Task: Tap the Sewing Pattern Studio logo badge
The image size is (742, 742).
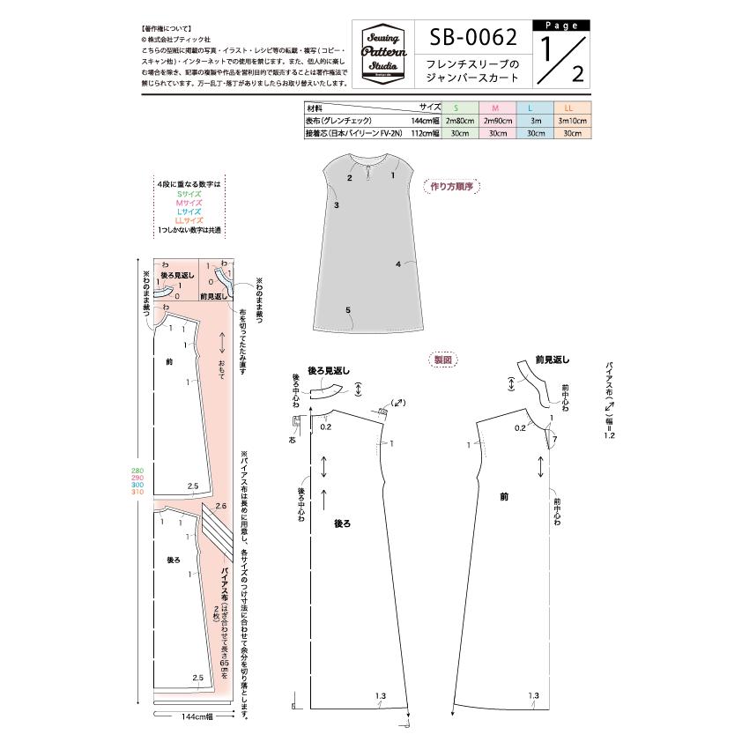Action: click(x=381, y=54)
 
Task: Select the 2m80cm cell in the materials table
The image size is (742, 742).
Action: click(x=460, y=120)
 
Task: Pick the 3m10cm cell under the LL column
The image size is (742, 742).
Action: click(x=572, y=120)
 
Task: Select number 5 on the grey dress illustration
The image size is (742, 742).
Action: click(x=349, y=310)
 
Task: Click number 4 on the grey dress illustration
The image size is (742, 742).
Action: click(x=398, y=263)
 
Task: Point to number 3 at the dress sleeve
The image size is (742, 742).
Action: click(x=338, y=204)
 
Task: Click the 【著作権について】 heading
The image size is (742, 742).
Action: click(x=167, y=30)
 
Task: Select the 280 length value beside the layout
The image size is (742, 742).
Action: click(x=137, y=470)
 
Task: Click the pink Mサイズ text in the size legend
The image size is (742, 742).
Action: click(x=189, y=203)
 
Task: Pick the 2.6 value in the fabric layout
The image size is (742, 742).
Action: click(x=220, y=506)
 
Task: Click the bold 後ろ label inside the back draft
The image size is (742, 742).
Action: click(x=342, y=523)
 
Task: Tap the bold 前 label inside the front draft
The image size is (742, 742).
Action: click(x=503, y=497)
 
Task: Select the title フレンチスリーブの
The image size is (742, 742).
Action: click(x=473, y=64)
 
